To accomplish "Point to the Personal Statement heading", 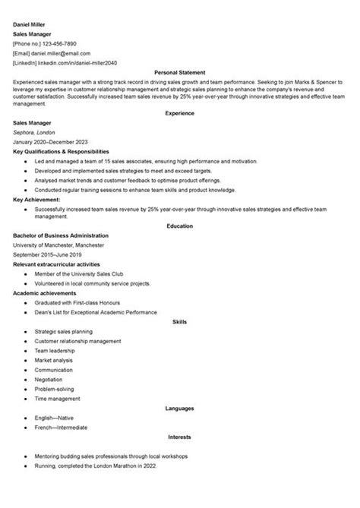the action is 180,72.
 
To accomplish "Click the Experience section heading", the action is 180,112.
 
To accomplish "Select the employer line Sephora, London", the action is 36,132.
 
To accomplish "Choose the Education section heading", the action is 180,226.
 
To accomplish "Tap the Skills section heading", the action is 180,321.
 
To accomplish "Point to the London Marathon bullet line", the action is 99,465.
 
